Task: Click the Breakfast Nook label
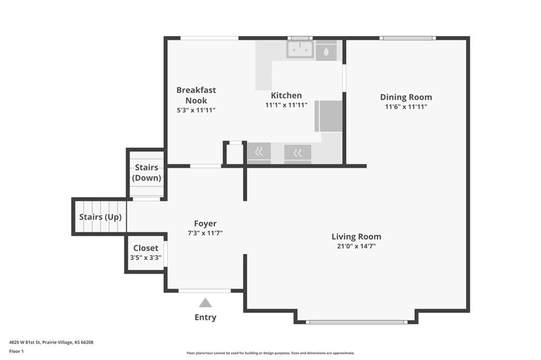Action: pos(196,95)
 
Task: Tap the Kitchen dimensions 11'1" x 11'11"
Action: pos(286,105)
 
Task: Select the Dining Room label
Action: pos(406,97)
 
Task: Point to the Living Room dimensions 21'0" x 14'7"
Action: pos(356,246)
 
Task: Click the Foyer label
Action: pos(206,223)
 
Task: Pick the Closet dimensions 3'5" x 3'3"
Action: pos(146,258)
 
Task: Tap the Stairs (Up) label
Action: pos(100,217)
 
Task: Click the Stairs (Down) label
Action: pos(147,173)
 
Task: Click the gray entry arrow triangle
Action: pos(206,303)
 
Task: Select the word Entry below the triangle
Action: pos(206,317)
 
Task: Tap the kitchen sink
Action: pos(300,49)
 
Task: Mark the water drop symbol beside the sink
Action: pos(326,52)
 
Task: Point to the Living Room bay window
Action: pos(357,322)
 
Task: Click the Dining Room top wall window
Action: pos(407,38)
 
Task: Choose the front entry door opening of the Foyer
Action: pos(204,291)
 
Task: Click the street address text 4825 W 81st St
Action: pos(25,343)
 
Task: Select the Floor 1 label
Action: pos(16,352)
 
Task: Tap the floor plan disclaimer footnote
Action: pos(270,353)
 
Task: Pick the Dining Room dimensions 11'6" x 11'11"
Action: pos(406,107)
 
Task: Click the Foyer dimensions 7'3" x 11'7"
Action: pos(205,233)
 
